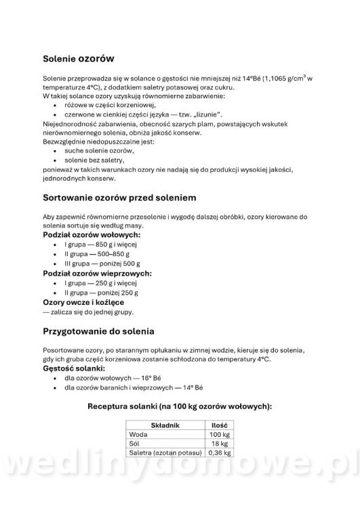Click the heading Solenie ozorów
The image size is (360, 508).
[x=77, y=60]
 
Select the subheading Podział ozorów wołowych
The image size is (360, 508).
[x=91, y=234]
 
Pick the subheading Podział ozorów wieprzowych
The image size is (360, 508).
[x=97, y=273]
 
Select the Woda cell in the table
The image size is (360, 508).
[x=138, y=433]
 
